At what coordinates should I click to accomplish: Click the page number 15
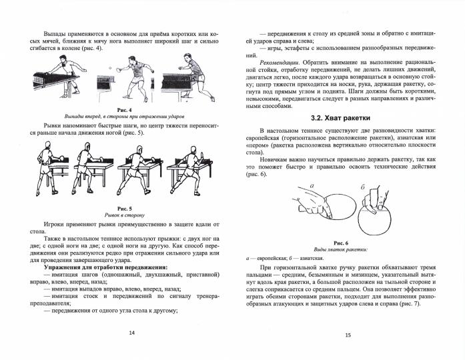click(x=348, y=337)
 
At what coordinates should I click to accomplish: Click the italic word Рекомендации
click(x=270, y=62)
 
